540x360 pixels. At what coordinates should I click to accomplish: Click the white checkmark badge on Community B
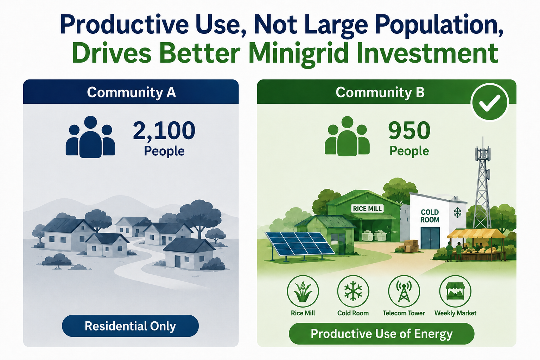coord(490,102)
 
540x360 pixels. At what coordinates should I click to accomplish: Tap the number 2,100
coord(164,130)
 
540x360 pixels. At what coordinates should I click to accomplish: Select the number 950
coord(409,130)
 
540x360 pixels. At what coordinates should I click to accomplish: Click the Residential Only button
coord(130,326)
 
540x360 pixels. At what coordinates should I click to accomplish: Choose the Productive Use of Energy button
coord(382,334)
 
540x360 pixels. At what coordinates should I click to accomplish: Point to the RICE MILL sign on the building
coord(367,208)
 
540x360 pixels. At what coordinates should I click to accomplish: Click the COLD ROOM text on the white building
coord(430,216)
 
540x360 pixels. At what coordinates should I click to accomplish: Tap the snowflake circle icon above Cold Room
coord(353,291)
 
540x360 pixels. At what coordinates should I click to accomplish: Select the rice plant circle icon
coord(303,291)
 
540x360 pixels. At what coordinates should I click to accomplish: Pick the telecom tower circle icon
coord(404,291)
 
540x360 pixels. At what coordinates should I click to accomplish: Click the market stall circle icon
coord(455,291)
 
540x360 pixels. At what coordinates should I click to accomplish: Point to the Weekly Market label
coord(455,313)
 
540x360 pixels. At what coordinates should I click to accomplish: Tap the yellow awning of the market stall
coord(476,233)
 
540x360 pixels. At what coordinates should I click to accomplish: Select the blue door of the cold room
coord(430,238)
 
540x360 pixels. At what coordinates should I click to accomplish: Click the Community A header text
coord(131,92)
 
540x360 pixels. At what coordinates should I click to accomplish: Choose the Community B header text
coord(380,92)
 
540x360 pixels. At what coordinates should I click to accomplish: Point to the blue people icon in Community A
coord(90,137)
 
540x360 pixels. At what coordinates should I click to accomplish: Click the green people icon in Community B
coord(347,136)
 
